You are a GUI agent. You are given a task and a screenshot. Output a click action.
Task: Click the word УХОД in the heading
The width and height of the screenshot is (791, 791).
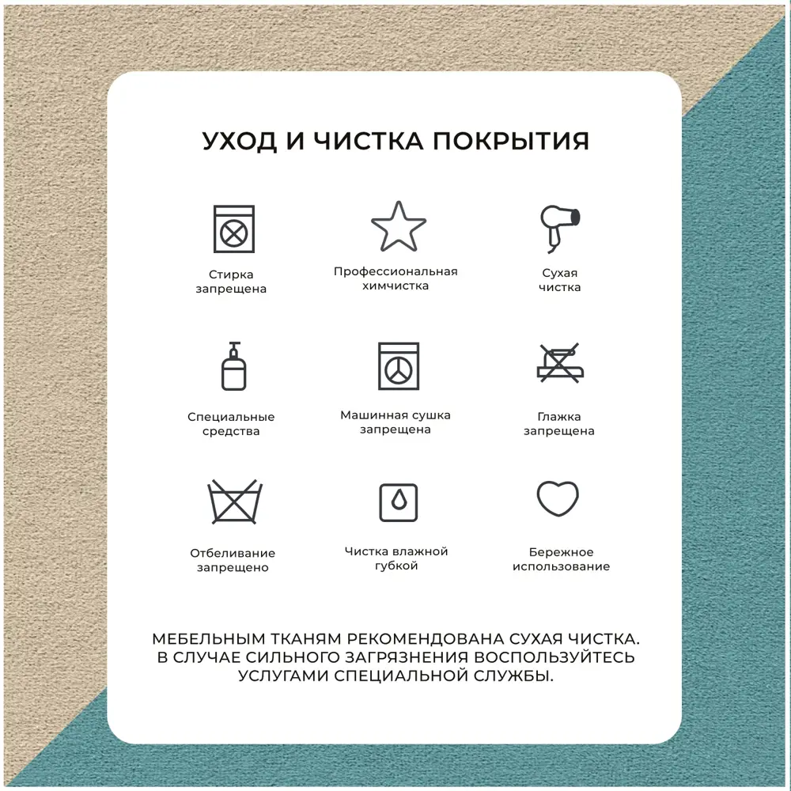[239, 142]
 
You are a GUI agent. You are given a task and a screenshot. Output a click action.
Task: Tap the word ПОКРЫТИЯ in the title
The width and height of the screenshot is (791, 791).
[511, 141]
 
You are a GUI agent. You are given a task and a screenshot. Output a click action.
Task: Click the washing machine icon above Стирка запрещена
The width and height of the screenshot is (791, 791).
[233, 229]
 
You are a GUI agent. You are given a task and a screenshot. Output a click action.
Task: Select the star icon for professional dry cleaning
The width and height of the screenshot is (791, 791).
[399, 226]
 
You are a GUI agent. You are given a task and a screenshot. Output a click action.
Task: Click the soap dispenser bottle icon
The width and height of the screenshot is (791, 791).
[233, 366]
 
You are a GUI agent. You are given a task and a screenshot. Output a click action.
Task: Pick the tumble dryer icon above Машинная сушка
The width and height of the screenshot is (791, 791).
[399, 366]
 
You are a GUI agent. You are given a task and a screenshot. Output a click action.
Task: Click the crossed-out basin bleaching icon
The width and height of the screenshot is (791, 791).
[235, 501]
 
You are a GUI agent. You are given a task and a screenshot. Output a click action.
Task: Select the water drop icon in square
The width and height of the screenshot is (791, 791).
[399, 502]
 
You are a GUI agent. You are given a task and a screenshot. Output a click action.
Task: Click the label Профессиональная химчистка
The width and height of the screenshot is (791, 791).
[395, 278]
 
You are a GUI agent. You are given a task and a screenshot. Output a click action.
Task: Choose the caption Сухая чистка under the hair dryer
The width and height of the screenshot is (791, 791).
[559, 280]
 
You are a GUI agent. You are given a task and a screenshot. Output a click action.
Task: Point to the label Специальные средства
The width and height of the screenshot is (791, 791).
[231, 424]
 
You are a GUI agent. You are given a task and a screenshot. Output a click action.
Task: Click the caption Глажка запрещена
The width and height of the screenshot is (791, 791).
[559, 424]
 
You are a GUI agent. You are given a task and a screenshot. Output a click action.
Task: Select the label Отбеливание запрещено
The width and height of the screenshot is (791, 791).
[233, 560]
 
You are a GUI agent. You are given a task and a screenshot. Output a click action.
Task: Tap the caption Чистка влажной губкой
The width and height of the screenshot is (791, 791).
[396, 558]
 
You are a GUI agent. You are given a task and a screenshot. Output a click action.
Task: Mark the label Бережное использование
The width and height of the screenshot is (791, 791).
[561, 559]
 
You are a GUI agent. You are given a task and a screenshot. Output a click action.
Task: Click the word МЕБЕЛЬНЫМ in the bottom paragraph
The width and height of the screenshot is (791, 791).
[209, 639]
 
